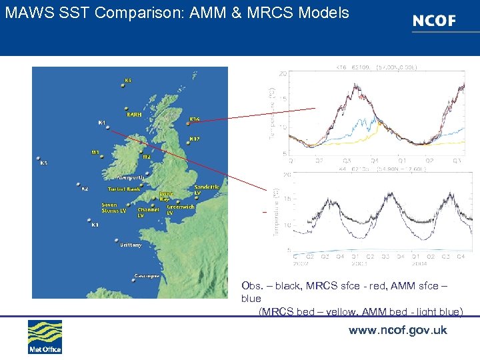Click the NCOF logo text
tap(434, 21)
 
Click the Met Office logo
tap(45, 337)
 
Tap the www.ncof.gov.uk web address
tap(397, 330)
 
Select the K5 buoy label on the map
tap(128, 81)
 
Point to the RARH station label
tap(134, 115)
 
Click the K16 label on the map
tap(194, 119)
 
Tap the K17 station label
tap(194, 139)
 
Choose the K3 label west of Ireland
tap(43, 163)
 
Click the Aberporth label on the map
tap(131, 177)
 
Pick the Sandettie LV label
tap(207, 189)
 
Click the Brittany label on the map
tap(131, 245)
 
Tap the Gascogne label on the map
tap(147, 275)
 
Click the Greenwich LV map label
tap(181, 209)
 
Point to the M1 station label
tap(95, 152)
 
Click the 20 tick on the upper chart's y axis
tap(283, 73)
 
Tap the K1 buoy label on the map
tap(95, 225)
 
